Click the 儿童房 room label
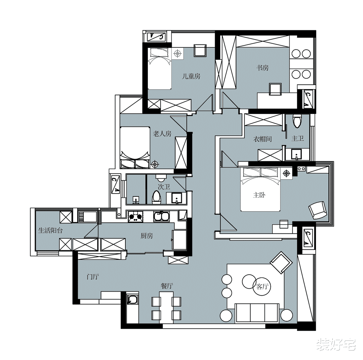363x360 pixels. tap(191, 76)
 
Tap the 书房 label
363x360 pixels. tap(263, 68)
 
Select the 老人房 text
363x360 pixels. tap(162, 134)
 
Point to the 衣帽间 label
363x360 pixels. tap(263, 139)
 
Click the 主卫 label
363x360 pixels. tap(298, 139)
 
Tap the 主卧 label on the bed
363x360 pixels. tap(259, 195)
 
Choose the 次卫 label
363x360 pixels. tap(164, 187)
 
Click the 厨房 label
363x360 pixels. tap(147, 236)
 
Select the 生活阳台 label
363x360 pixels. tap(50, 230)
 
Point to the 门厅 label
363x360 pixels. tap(93, 277)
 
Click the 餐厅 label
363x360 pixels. tap(167, 286)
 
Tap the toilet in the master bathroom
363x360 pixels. tap(296, 121)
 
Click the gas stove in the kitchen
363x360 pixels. tap(136, 217)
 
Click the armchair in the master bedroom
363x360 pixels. tap(317, 210)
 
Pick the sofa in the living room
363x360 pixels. tap(257, 313)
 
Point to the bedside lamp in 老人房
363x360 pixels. tap(155, 165)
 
